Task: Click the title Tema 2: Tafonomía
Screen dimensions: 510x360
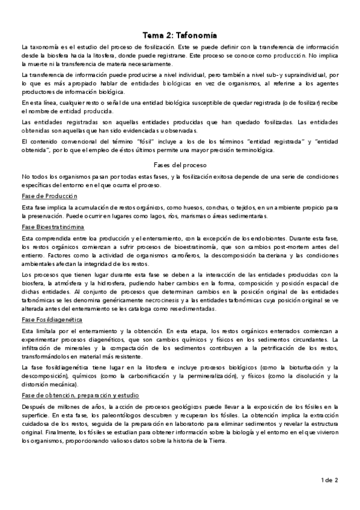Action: pyautogui.click(x=180, y=35)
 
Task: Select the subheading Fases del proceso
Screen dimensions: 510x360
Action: pyautogui.click(x=180, y=164)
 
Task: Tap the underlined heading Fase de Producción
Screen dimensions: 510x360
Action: pyautogui.click(x=49, y=197)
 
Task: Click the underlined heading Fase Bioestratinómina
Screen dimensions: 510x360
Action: pyautogui.click(x=52, y=227)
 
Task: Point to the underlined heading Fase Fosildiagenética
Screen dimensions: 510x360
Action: pyautogui.click(x=51, y=319)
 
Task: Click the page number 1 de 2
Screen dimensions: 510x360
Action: pyautogui.click(x=329, y=480)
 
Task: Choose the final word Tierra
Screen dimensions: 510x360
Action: pyautogui.click(x=215, y=440)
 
